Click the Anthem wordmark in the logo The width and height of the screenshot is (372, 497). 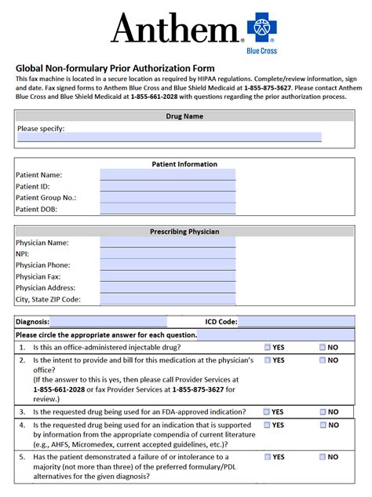(x=174, y=29)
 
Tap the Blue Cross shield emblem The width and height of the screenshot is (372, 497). (x=263, y=27)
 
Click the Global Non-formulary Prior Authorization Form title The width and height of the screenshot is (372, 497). (x=115, y=68)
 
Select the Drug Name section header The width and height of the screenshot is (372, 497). (x=184, y=116)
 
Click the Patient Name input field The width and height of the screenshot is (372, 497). (x=167, y=175)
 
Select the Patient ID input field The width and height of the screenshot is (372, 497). (x=167, y=187)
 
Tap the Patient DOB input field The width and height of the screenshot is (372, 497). (x=167, y=210)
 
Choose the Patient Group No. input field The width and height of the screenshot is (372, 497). (x=167, y=198)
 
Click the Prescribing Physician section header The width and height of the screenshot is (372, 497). (x=184, y=232)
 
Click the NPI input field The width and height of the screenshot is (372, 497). (x=167, y=254)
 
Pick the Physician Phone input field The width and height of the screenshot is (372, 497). (x=167, y=265)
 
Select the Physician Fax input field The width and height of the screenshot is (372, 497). (x=167, y=276)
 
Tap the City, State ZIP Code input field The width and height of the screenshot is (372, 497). (x=167, y=299)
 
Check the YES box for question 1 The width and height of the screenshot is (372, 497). (x=268, y=347)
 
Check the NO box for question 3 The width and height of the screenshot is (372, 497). (x=323, y=411)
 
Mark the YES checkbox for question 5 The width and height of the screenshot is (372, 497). (x=268, y=457)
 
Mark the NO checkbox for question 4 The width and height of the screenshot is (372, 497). (x=323, y=425)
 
